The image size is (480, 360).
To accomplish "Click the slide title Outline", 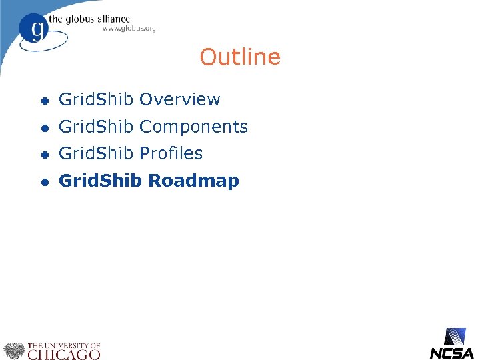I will point(240,57).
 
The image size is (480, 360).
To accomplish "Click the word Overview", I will point(180,100).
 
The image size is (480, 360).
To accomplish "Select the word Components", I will point(194,127).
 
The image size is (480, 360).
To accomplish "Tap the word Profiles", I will point(171,153).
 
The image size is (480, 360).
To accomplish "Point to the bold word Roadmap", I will point(193,181).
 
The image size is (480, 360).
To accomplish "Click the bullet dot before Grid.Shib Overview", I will point(43,101).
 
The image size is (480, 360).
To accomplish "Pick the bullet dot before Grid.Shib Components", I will point(43,127).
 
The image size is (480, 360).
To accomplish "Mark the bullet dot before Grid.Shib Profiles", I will point(43,154).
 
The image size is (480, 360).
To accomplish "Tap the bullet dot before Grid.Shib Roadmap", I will point(43,181).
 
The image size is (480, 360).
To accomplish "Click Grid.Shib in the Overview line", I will point(97,100).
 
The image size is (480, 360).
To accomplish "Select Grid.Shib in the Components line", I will point(97,127).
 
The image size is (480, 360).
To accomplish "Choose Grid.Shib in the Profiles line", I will point(97,153).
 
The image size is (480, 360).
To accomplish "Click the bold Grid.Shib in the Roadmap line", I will point(101,181).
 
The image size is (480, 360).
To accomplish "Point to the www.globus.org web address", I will point(129,29).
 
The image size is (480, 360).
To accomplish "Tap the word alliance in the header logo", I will point(114,19).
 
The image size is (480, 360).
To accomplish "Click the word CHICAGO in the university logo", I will point(64,354).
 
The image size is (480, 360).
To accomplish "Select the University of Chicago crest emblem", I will point(13,351).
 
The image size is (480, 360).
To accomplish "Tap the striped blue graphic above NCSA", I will point(455,337).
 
